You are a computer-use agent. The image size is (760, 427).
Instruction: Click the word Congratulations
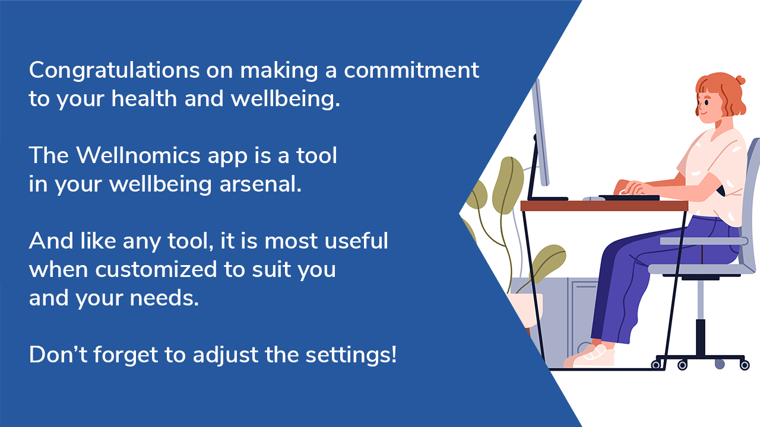115,71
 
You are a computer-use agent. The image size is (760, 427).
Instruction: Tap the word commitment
411,71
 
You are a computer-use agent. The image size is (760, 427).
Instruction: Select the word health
144,98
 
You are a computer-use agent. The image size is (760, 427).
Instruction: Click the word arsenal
260,184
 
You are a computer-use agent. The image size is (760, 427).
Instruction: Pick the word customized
156,270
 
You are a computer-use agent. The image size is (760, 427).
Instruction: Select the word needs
164,298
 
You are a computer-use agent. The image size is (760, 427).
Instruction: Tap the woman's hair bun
740,80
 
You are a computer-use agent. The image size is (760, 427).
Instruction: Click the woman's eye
707,103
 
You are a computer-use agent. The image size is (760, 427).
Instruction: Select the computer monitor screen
541,132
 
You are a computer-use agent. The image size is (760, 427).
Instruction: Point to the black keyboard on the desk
629,197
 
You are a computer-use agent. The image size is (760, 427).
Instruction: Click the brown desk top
604,206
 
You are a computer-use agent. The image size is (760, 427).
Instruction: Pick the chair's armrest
704,241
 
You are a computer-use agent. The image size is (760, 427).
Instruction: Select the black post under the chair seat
701,337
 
